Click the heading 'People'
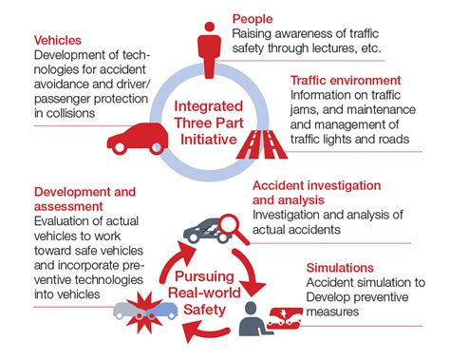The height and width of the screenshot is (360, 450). pyautogui.click(x=253, y=17)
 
